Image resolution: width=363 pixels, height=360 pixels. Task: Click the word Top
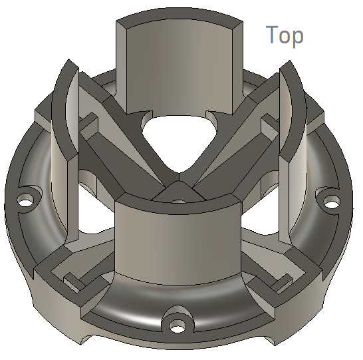pos(285,35)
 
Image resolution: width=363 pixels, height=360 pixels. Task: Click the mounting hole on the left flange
pos(27,199)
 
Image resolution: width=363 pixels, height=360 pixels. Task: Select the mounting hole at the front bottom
pos(178,325)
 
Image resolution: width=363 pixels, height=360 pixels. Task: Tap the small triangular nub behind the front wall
pos(178,193)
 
